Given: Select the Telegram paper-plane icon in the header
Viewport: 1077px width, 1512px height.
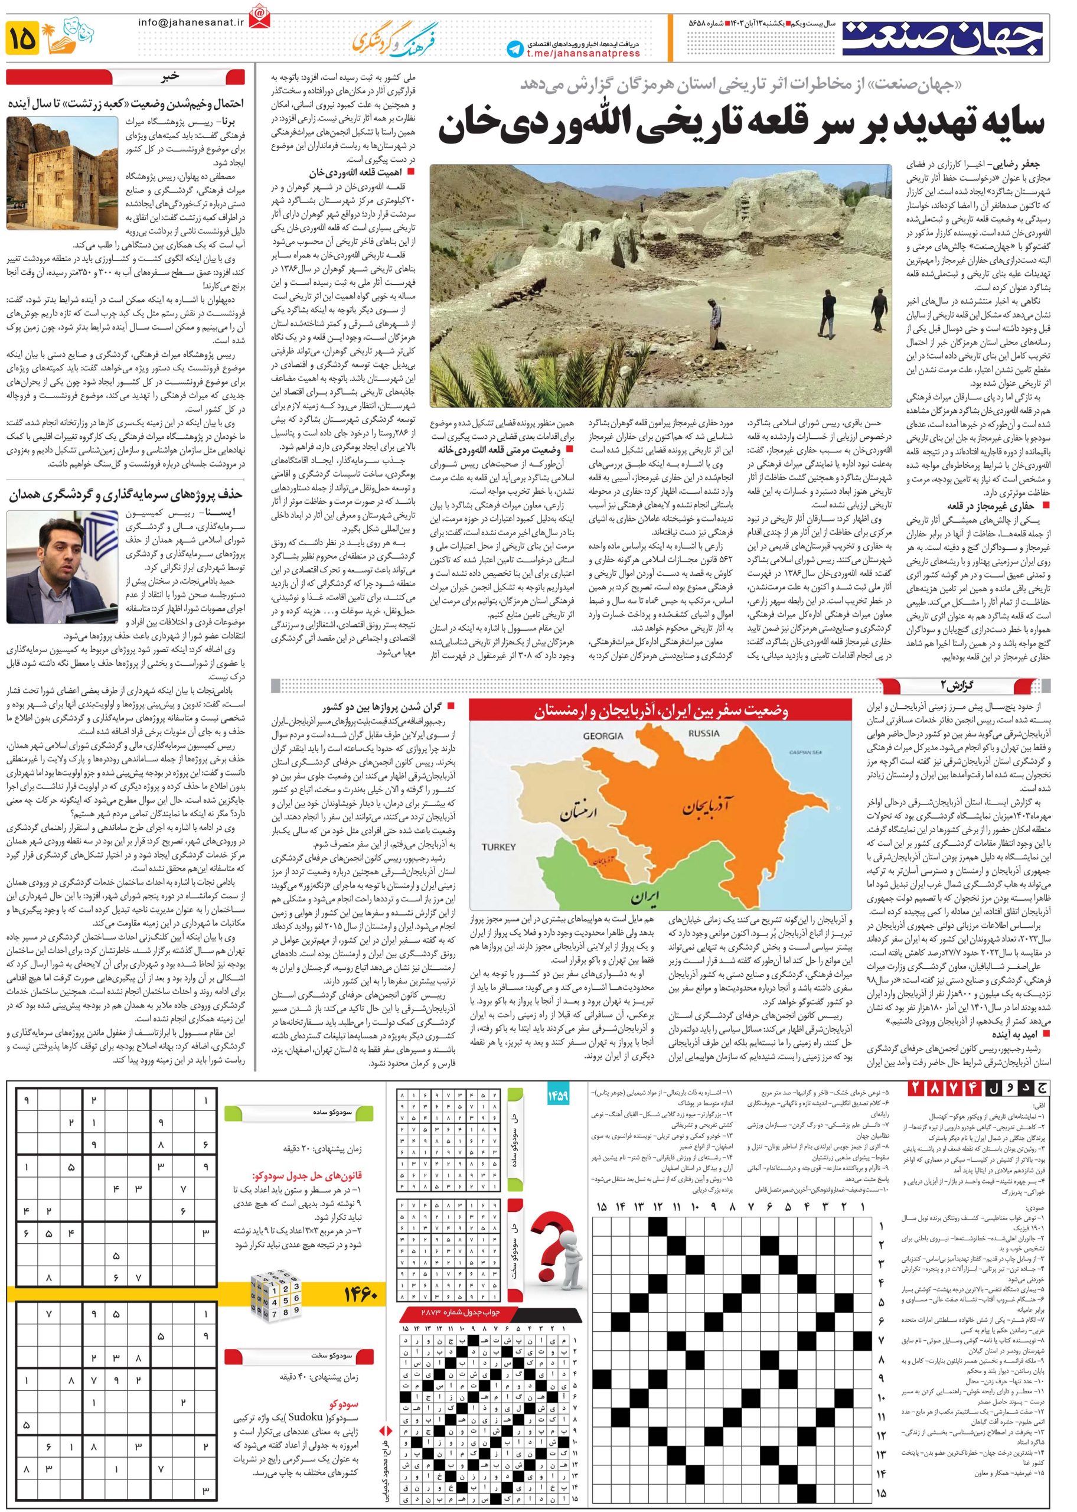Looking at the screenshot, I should (514, 48).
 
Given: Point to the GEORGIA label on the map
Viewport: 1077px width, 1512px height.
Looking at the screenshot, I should (603, 736).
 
